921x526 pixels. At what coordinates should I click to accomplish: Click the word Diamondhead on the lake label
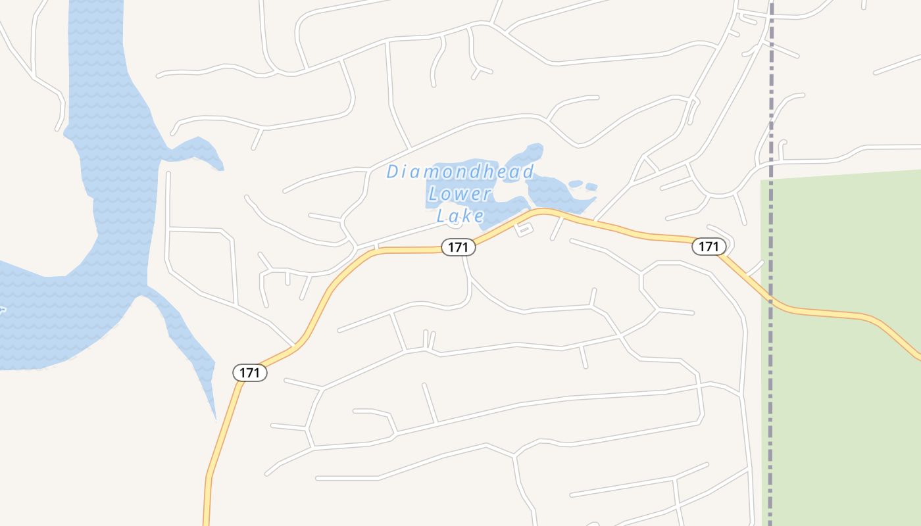pos(460,172)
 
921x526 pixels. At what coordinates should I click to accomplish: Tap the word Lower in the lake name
pos(459,194)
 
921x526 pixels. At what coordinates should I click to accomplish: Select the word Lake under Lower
pos(460,215)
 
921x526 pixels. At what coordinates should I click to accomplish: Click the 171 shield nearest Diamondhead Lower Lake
pos(458,247)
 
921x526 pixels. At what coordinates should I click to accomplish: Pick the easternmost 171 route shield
pos(709,247)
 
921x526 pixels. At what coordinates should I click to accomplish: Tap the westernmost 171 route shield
pos(250,373)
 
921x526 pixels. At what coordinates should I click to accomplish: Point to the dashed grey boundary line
pos(771,99)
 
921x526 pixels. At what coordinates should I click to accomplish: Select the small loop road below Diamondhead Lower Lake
pos(523,229)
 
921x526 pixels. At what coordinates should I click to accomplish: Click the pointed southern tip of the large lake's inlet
pos(215,417)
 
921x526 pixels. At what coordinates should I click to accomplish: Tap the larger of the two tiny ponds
pos(576,183)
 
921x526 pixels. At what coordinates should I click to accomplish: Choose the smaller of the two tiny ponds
pos(591,187)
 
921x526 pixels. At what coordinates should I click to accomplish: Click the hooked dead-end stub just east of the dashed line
pos(782,149)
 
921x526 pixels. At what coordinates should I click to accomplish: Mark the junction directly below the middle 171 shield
pos(464,256)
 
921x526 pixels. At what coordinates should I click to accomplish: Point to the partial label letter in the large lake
pos(2,309)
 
